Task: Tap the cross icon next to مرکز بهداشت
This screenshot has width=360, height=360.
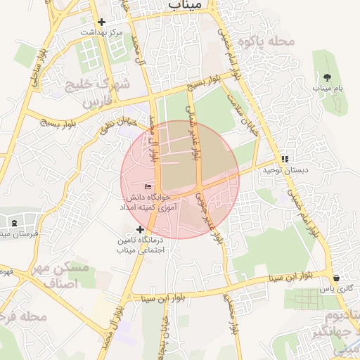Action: pyautogui.click(x=102, y=22)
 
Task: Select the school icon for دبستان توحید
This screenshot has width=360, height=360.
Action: pyautogui.click(x=285, y=159)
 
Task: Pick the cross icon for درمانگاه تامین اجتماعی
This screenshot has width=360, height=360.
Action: pyautogui.click(x=140, y=229)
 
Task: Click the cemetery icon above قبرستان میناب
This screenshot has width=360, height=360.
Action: pyautogui.click(x=15, y=224)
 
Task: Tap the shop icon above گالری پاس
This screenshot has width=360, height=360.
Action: pyautogui.click(x=336, y=278)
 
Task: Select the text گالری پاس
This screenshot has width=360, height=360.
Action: pyautogui.click(x=336, y=289)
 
